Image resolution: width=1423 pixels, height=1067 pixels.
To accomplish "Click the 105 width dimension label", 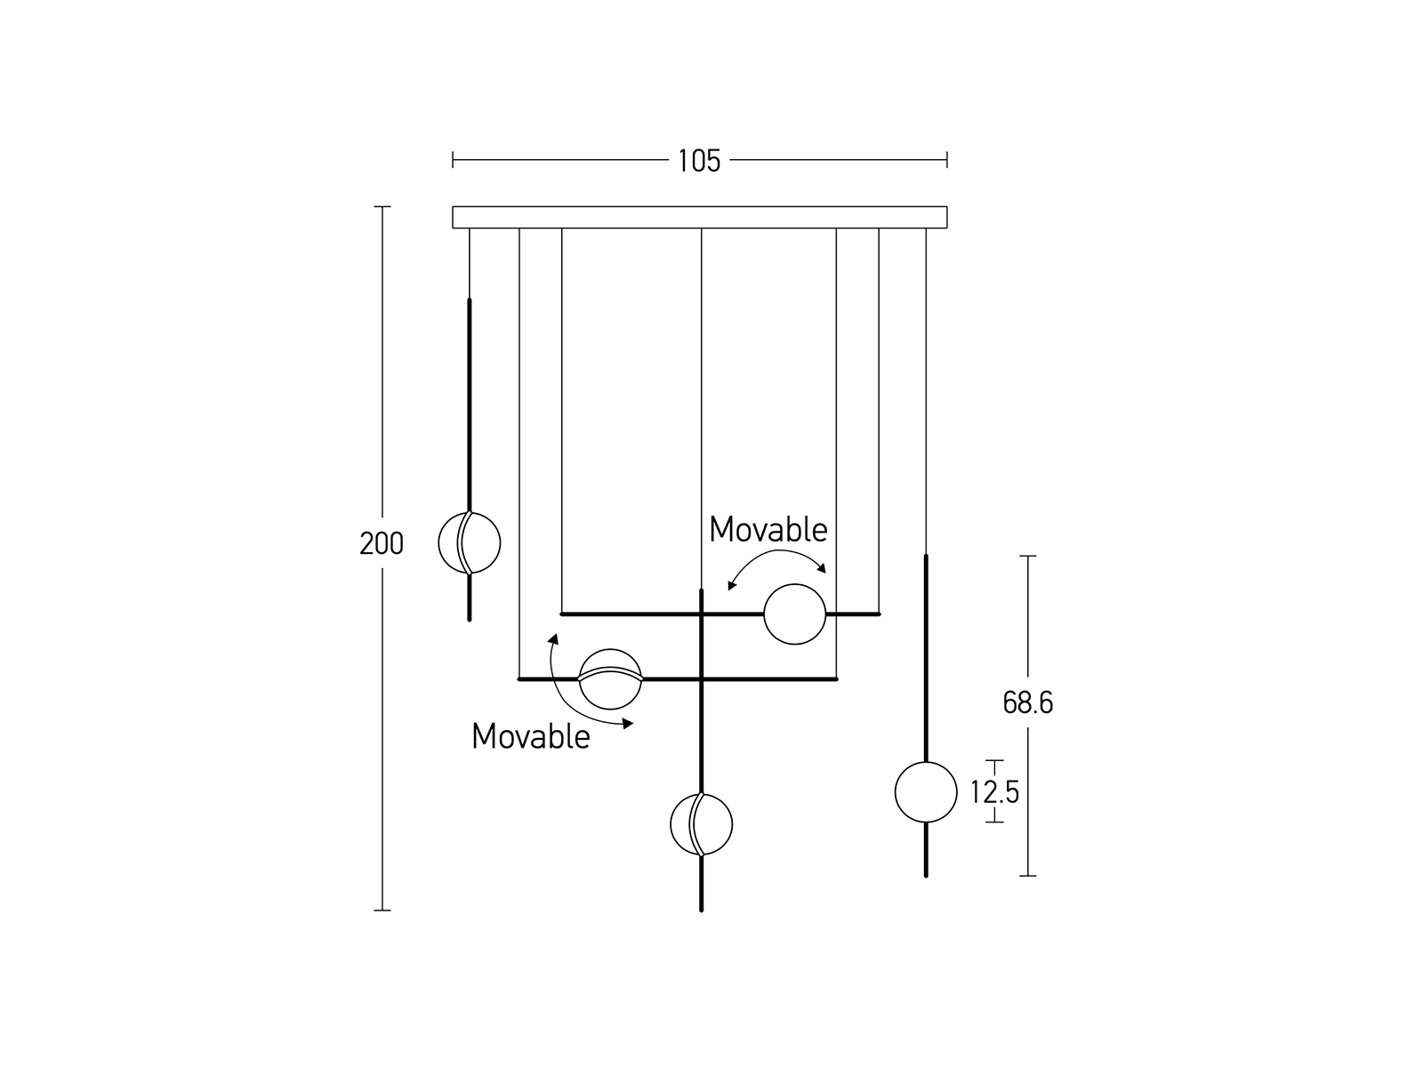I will click(x=699, y=161).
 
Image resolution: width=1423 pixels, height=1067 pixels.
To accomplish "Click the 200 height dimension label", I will click(x=382, y=543).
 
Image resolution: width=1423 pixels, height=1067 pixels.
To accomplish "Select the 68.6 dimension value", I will click(x=1027, y=703).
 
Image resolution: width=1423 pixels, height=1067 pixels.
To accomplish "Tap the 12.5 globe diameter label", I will click(x=994, y=791).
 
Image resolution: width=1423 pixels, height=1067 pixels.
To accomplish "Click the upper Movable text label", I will click(x=768, y=530).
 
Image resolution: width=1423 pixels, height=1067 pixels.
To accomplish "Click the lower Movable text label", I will click(x=531, y=736).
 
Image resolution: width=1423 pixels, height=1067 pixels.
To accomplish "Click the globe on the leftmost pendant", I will click(x=470, y=542).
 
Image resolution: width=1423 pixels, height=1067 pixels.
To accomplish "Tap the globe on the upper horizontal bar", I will click(x=795, y=614).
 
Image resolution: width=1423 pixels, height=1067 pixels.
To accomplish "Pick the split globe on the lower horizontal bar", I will click(x=610, y=678).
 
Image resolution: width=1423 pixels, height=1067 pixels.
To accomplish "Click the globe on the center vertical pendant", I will click(x=701, y=824).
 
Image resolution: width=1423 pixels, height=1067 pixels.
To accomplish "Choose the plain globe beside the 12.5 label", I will click(x=926, y=791).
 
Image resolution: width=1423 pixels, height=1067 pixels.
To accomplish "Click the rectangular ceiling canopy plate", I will click(x=699, y=217).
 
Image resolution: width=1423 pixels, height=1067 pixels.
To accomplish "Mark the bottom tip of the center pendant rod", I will click(x=701, y=909).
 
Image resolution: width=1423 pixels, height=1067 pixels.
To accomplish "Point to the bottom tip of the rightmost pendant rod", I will click(x=926, y=875).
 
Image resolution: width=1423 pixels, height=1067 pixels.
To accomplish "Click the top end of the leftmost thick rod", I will click(x=470, y=301).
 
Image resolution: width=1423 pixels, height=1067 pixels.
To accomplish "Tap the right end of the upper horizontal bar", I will click(x=878, y=614).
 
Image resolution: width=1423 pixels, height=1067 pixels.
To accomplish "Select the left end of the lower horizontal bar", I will click(x=520, y=679).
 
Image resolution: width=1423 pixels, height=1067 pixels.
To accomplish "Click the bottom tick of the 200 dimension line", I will click(x=382, y=910).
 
